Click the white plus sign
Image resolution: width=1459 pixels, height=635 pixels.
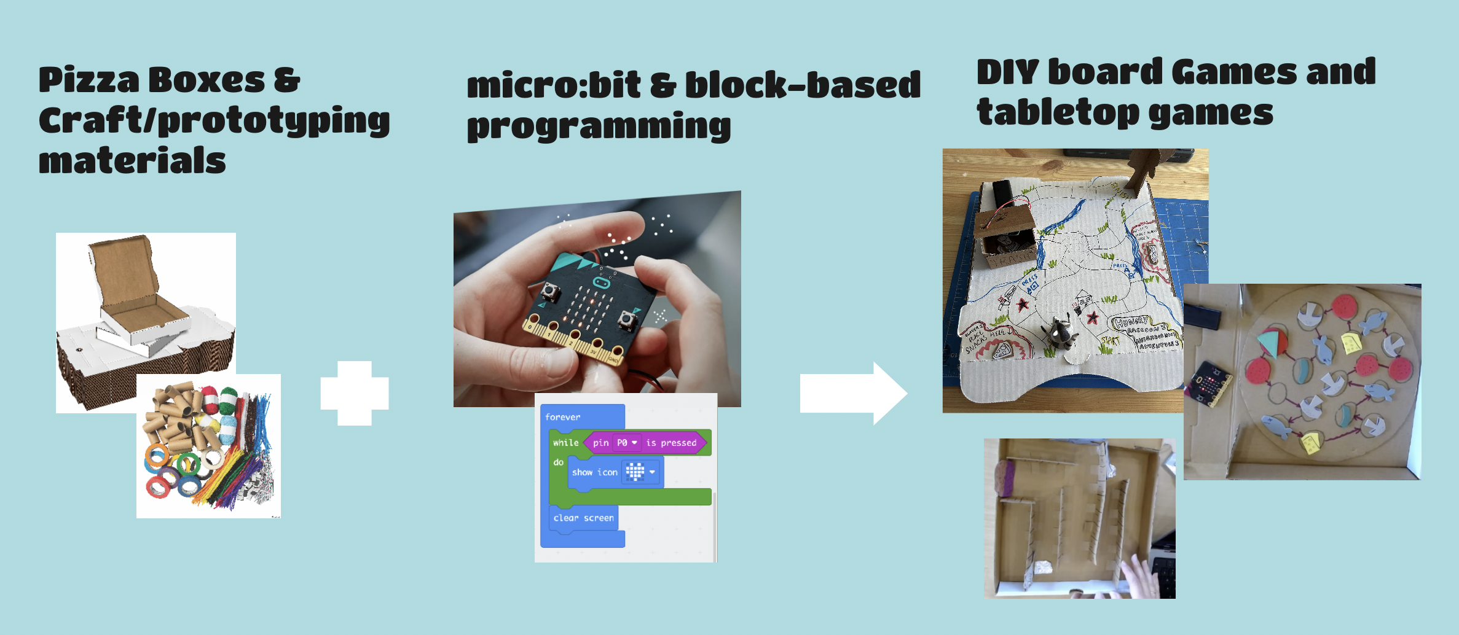click(355, 394)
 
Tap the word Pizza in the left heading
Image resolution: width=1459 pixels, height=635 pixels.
click(89, 80)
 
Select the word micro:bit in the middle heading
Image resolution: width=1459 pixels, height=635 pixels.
click(553, 85)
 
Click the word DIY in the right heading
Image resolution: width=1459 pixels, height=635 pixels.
click(1007, 72)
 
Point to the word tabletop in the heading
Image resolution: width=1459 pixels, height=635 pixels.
click(1058, 113)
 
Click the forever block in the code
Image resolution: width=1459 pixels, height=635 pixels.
click(562, 417)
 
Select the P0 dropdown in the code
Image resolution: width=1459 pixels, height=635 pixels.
click(626, 443)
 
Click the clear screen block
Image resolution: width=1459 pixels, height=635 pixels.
click(583, 518)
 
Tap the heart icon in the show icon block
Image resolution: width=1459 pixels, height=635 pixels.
click(635, 472)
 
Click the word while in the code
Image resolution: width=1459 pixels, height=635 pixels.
click(565, 443)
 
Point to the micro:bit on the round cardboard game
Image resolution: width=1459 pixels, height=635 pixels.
click(1210, 384)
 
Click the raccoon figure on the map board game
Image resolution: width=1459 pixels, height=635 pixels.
click(1059, 335)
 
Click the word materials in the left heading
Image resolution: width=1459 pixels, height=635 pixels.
click(132, 161)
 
